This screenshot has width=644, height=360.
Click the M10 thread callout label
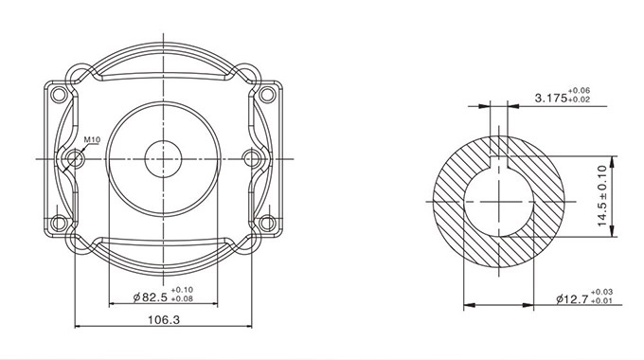coord(92,139)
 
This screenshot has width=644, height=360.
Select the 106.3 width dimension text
coord(164,319)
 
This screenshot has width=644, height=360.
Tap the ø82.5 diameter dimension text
coord(151,297)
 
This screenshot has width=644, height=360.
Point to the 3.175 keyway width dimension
coord(551,99)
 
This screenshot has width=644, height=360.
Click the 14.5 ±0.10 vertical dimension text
coord(602,195)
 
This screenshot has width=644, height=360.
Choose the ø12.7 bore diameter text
coord(573,299)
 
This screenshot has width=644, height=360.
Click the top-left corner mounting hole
coord(59,95)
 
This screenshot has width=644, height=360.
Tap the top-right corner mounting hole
coord(267,95)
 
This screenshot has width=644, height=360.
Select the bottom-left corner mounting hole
coord(59,224)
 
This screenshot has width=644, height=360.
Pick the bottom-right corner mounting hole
coord(267,224)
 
